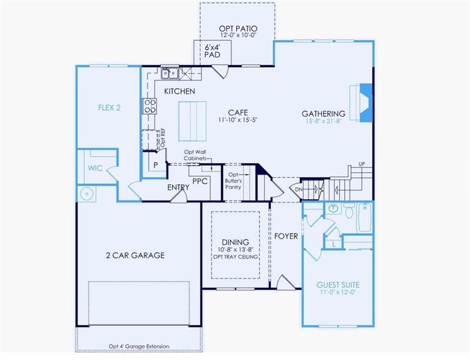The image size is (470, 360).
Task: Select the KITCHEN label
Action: [180, 91]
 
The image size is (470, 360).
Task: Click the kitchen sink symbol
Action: [169, 73]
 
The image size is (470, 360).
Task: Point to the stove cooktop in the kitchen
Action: [149, 106]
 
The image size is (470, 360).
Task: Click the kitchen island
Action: [193, 119]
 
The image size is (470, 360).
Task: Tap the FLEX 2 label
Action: [110, 108]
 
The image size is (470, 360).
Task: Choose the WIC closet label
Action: [97, 169]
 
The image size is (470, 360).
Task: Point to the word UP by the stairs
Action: [361, 164]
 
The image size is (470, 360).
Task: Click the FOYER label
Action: [286, 236]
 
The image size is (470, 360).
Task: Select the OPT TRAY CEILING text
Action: [236, 257]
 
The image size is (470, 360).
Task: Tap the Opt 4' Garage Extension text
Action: [139, 346]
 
